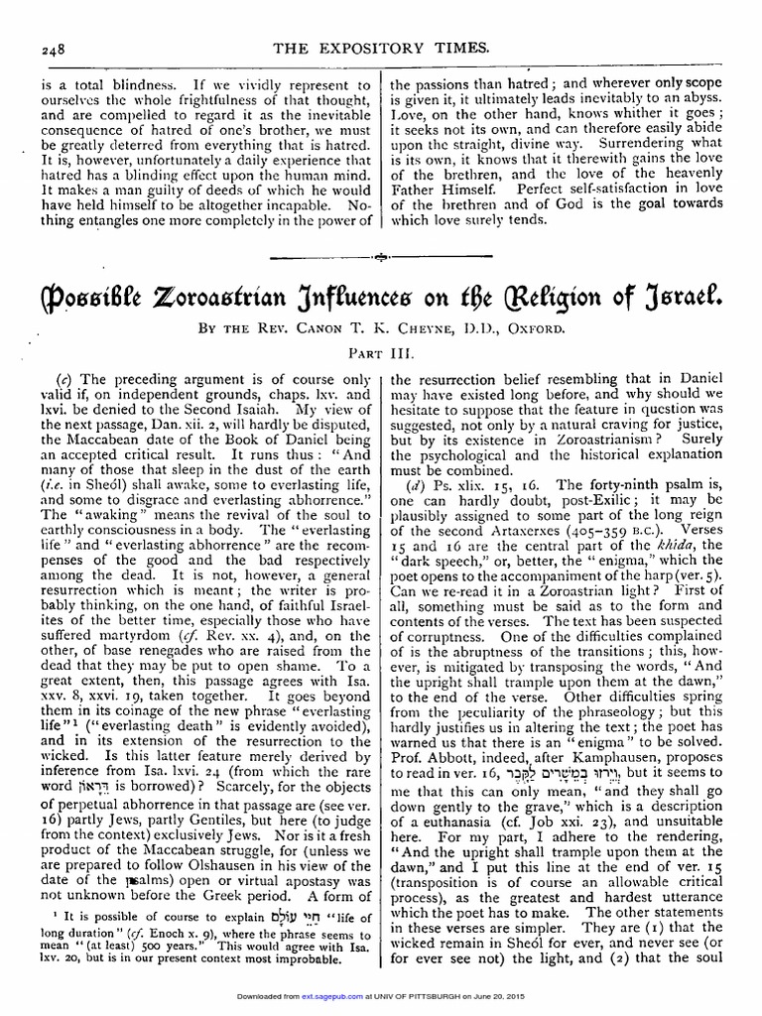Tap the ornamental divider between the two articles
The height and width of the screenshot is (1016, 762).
coord(381,257)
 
